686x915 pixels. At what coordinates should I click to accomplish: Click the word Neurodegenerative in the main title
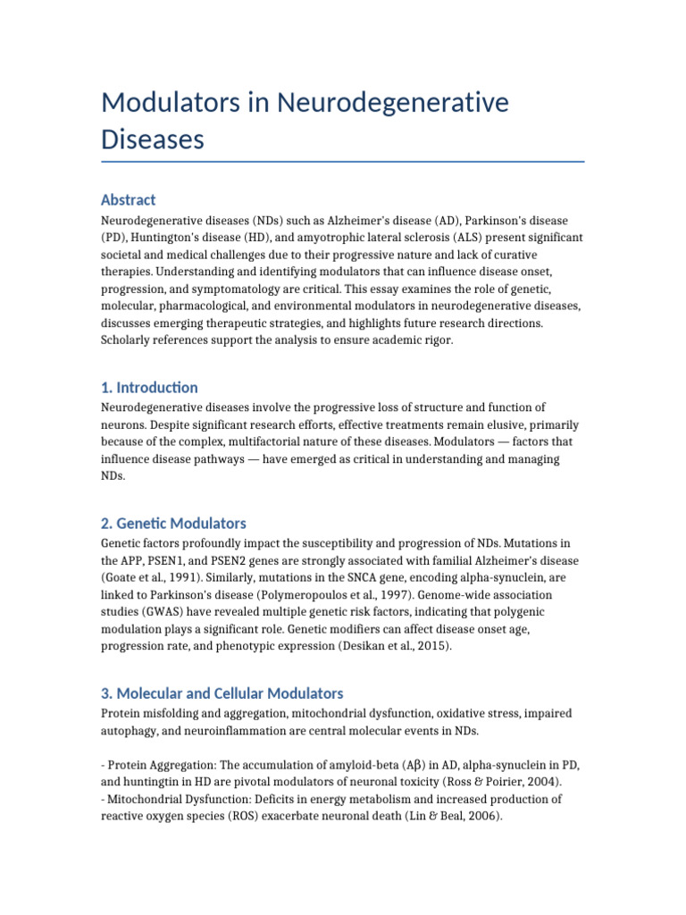click(392, 103)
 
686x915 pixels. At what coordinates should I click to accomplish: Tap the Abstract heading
click(129, 199)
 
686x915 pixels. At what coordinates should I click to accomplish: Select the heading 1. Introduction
click(150, 387)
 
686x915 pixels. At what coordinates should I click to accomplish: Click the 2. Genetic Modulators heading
click(174, 523)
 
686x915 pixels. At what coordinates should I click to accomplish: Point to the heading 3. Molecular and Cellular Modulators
click(222, 693)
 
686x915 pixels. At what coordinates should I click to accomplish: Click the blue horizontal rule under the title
click(343, 162)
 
